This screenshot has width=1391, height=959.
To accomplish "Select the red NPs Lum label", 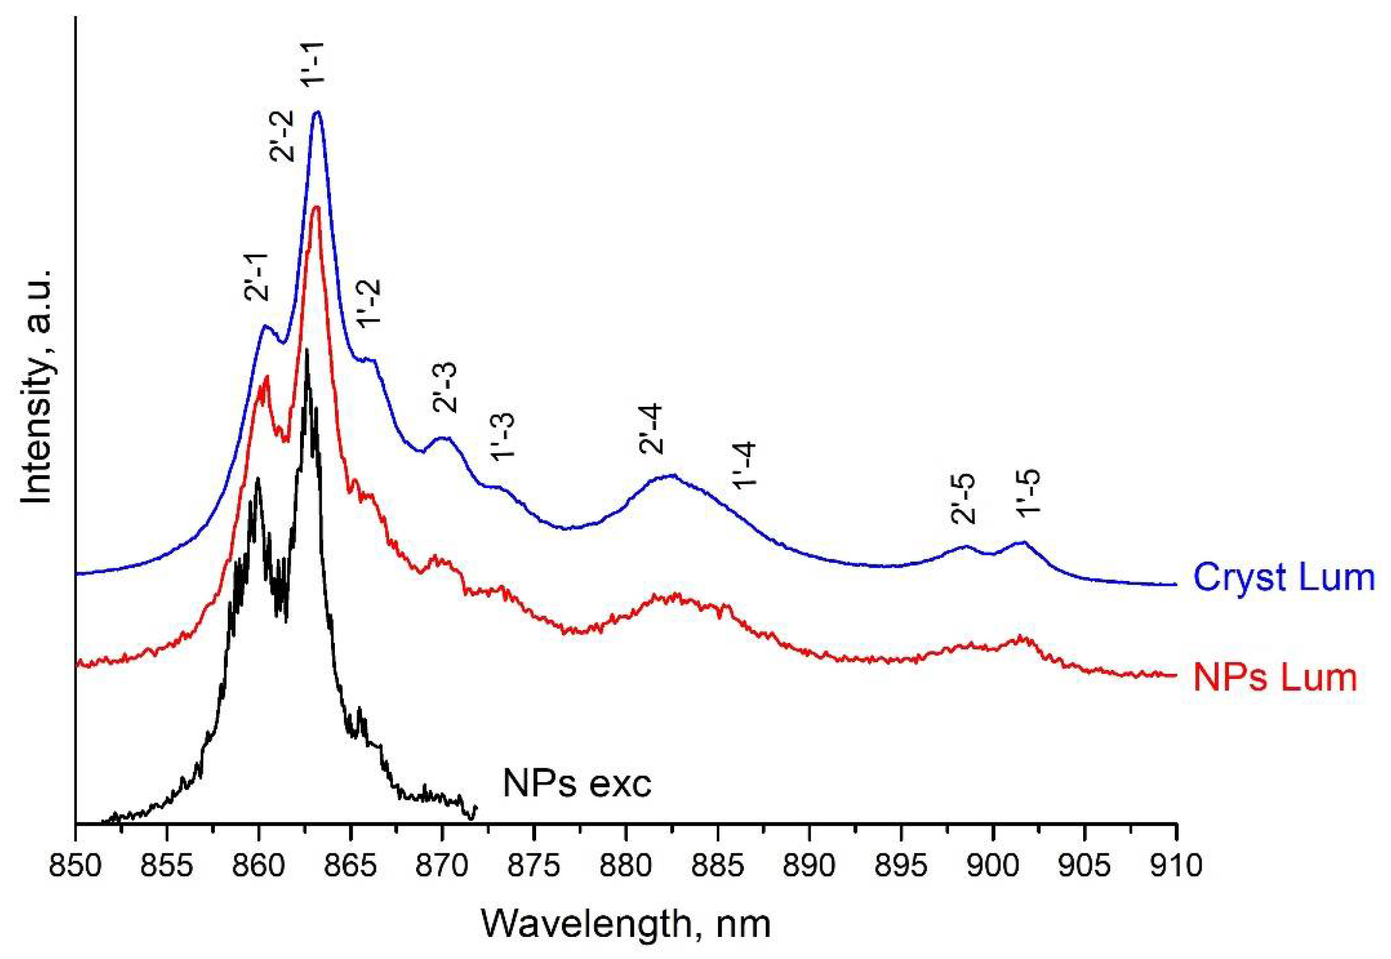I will (1275, 677).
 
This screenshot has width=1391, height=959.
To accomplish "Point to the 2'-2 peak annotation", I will (282, 136).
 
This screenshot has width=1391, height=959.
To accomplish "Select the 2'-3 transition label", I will (445, 387).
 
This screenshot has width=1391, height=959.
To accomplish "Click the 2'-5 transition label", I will (963, 499).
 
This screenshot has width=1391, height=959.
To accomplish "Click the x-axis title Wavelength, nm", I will (626, 924).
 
